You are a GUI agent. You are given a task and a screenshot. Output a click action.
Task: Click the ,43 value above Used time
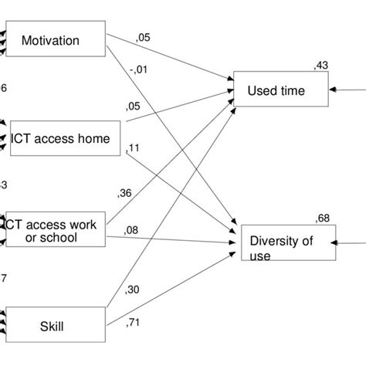320,65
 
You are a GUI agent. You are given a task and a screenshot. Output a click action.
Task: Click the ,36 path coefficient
124,192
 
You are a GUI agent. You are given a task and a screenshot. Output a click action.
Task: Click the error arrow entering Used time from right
347,90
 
